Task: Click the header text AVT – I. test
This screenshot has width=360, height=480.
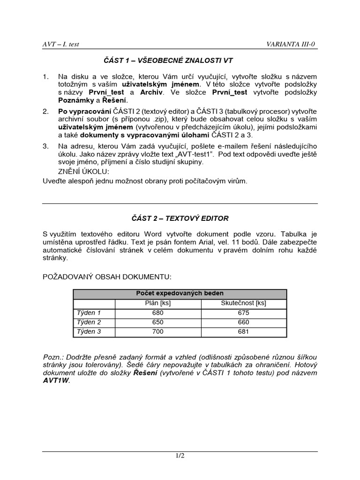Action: [61, 44]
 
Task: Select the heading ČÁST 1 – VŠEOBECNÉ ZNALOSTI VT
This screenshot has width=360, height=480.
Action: [168, 60]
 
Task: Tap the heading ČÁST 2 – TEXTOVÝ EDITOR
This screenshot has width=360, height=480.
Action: [180, 218]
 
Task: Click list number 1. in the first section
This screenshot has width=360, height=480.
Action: [45, 76]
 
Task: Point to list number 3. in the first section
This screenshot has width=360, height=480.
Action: [45, 146]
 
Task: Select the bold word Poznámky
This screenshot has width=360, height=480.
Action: [75, 100]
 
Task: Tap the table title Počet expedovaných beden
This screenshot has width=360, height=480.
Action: [180, 293]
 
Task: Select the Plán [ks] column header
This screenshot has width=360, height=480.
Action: [158, 303]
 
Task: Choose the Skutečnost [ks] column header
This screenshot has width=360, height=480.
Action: [243, 303]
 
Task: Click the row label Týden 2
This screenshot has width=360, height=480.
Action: [89, 322]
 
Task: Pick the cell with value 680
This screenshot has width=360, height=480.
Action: [158, 313]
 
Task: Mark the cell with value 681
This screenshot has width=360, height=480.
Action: [243, 332]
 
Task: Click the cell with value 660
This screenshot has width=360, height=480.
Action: [243, 322]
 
